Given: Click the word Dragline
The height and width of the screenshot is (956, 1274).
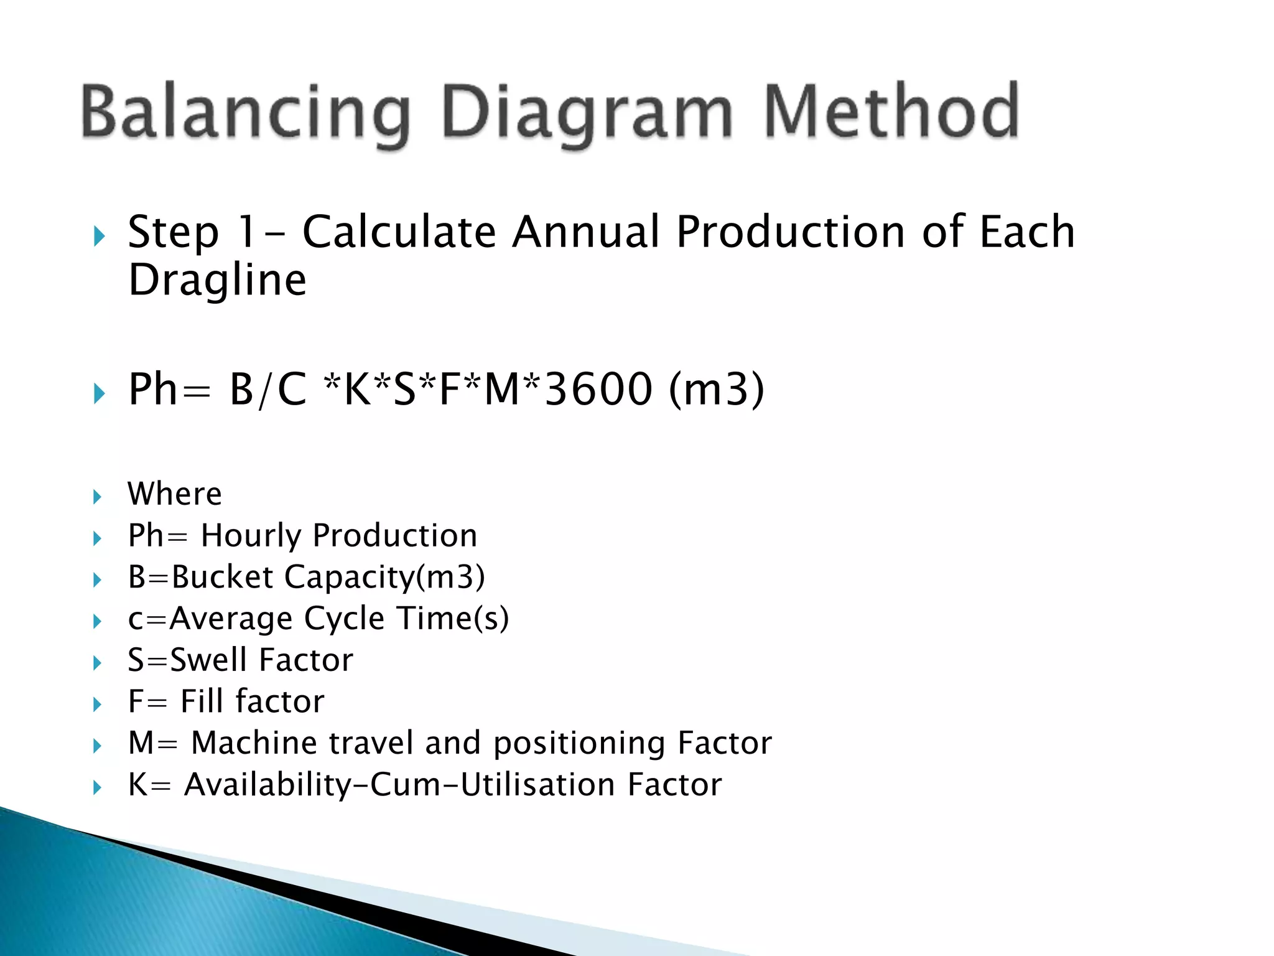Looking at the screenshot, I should (x=217, y=280).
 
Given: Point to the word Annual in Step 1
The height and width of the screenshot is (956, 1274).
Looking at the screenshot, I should (x=585, y=232).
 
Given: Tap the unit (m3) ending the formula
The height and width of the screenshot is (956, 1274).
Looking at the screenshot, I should (x=717, y=390).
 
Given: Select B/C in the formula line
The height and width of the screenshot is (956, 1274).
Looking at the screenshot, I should (x=268, y=390).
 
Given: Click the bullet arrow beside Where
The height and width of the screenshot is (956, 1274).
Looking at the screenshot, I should (x=97, y=497).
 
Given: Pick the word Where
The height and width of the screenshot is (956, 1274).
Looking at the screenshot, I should (x=175, y=494).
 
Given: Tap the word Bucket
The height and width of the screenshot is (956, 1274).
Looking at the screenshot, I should (x=223, y=577).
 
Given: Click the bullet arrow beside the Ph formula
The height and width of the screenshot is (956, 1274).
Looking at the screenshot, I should (x=99, y=393).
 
